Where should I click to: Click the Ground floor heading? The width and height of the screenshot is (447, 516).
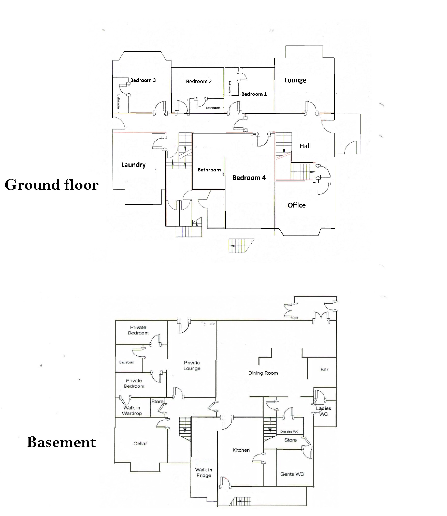click(x=51, y=185)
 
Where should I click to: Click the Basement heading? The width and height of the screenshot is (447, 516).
click(x=61, y=442)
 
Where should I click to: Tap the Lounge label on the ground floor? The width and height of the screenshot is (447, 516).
click(x=295, y=80)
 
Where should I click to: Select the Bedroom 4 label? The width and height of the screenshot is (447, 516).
click(x=249, y=178)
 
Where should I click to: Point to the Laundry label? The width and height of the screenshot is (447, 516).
click(x=133, y=165)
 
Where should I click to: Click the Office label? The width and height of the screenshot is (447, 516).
click(x=297, y=205)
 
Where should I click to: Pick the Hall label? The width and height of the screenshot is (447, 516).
click(x=305, y=146)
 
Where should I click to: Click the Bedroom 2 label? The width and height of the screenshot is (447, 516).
click(x=199, y=81)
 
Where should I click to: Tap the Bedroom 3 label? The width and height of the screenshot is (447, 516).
click(x=143, y=80)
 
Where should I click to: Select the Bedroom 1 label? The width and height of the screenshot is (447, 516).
click(x=254, y=94)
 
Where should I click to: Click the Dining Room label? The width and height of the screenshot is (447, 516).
click(x=263, y=373)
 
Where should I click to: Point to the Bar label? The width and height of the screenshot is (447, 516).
click(x=324, y=369)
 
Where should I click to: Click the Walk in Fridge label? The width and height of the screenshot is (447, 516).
click(x=204, y=473)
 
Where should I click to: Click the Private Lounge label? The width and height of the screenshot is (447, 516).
click(x=192, y=365)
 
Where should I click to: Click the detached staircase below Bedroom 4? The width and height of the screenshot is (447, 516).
click(x=241, y=246)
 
